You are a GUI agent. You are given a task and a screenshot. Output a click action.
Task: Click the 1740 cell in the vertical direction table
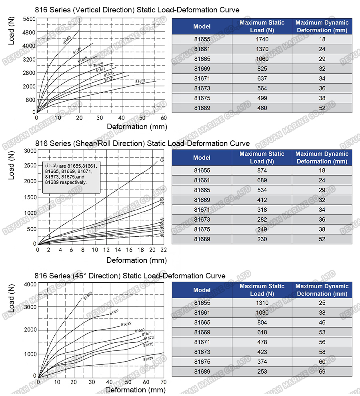pyautogui.click(x=262, y=39)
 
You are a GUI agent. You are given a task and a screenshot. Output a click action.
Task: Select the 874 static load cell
pyautogui.click(x=262, y=170)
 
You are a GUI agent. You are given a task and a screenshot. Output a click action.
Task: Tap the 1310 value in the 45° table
pyautogui.click(x=262, y=303)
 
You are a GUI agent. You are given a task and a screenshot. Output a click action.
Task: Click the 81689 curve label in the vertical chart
pyautogui.click(x=140, y=81)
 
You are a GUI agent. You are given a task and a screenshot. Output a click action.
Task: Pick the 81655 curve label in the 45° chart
pyautogui.click(x=88, y=296)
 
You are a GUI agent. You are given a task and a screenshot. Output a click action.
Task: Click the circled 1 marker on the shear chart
pyautogui.click(x=162, y=160)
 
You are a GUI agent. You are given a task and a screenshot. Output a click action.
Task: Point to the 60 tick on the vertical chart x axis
pyautogui.click(x=163, y=118)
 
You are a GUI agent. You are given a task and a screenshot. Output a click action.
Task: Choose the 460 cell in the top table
pyautogui.click(x=262, y=108)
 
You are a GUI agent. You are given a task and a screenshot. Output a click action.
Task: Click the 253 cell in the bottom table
pyautogui.click(x=262, y=372)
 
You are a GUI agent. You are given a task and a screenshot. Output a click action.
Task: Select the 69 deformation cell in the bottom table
pyautogui.click(x=322, y=372)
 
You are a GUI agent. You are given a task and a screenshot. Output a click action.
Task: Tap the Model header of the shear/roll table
pyautogui.click(x=202, y=158)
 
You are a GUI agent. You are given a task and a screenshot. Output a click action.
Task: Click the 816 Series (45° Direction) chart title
pyautogui.click(x=130, y=276)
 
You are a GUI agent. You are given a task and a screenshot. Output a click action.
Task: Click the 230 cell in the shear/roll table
pyautogui.click(x=262, y=239)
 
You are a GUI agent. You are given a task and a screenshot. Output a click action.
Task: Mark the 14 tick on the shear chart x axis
pyautogui.click(x=118, y=250)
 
